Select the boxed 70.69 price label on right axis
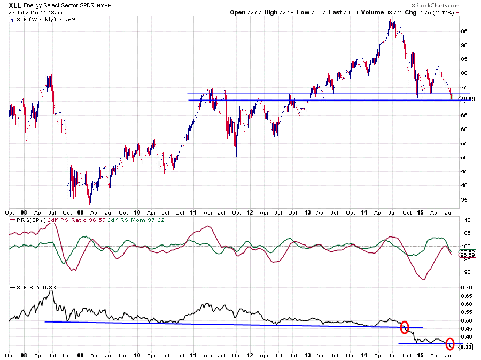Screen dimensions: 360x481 467,99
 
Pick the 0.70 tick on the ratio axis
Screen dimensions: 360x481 467,288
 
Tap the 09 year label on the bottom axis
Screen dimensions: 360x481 80,355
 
